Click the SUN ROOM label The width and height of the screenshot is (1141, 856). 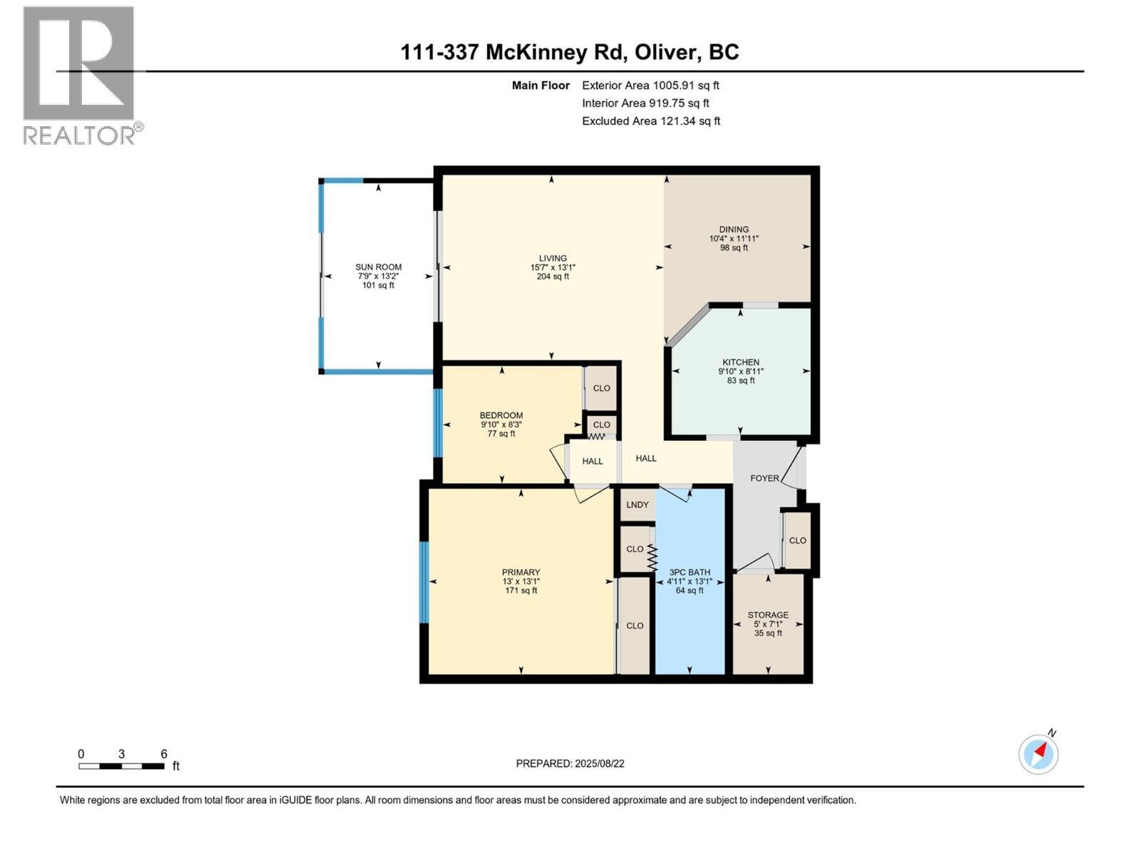click(379, 267)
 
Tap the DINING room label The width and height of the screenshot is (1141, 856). click(734, 230)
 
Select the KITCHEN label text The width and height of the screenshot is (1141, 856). click(740, 362)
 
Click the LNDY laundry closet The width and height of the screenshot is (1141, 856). click(637, 504)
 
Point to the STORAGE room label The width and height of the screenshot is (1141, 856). click(768, 615)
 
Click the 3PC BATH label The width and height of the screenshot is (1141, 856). click(690, 572)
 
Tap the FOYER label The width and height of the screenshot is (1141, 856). click(764, 478)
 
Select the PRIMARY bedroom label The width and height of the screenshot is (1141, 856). click(521, 572)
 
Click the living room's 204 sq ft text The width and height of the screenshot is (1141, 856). click(553, 277)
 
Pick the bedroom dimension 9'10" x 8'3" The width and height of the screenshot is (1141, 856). click(501, 424)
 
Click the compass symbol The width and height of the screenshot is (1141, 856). click(1038, 753)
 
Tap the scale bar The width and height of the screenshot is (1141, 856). click(122, 766)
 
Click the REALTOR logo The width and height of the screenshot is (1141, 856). click(80, 75)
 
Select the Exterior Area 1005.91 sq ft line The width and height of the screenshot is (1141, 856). click(650, 86)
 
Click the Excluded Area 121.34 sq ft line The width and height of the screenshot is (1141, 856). click(650, 121)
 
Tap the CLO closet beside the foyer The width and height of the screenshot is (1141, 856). click(797, 540)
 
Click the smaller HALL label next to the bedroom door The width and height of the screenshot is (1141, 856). click(592, 461)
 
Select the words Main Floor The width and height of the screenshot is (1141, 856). click(541, 86)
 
